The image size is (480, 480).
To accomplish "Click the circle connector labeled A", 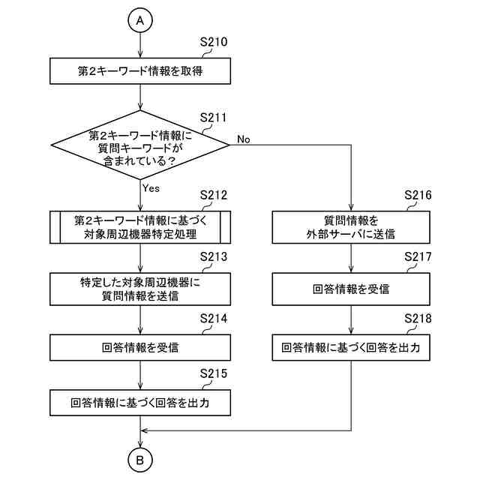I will [x=140, y=21].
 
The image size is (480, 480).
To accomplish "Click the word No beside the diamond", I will [x=244, y=139].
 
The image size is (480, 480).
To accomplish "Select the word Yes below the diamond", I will [x=151, y=188].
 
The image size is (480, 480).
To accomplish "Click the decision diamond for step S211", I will [x=140, y=142].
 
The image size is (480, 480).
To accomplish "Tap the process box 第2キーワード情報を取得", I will [x=140, y=72].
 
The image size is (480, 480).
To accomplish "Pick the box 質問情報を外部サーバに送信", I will [x=349, y=226].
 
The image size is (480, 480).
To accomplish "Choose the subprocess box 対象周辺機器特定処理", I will [x=140, y=226].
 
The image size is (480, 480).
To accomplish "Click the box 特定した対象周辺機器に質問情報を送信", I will [x=140, y=289].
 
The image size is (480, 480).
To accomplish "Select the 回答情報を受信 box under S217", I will [x=349, y=289].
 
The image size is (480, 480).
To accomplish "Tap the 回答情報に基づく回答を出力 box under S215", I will [x=140, y=403].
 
